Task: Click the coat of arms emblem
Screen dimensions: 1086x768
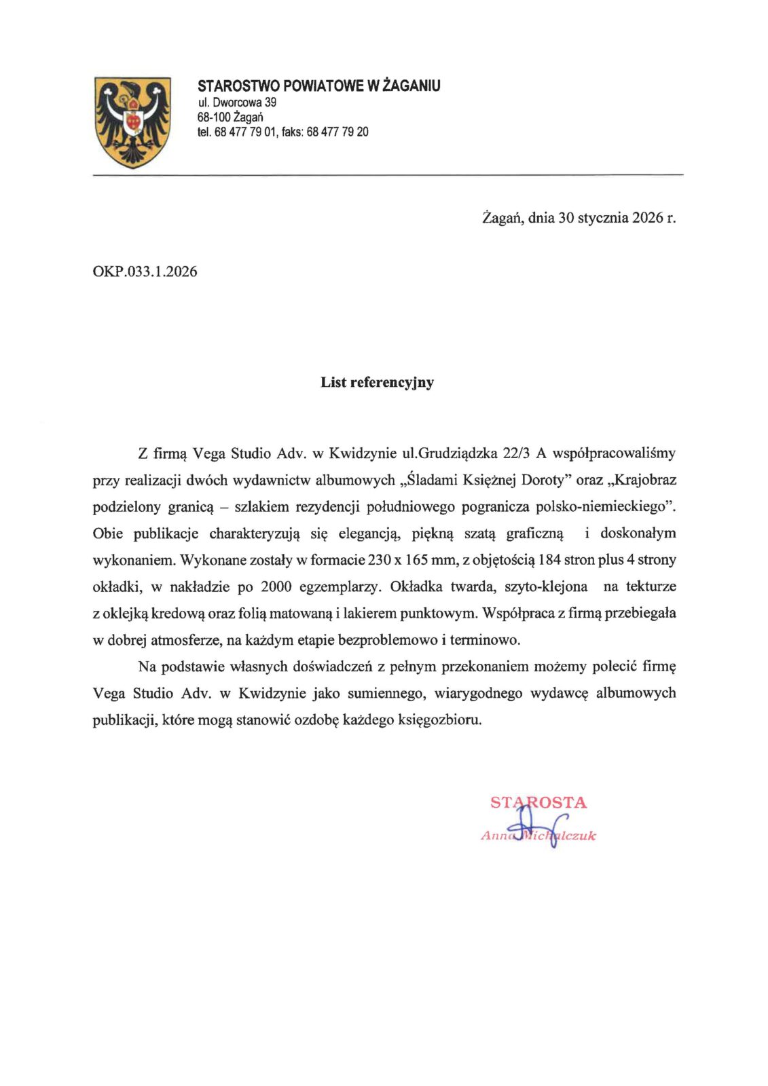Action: (132, 122)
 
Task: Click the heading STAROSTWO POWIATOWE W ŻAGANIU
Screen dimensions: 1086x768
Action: (318, 86)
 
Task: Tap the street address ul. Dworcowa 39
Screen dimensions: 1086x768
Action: (236, 102)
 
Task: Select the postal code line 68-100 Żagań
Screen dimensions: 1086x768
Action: (230, 117)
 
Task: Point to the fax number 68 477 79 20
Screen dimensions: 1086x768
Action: (337, 132)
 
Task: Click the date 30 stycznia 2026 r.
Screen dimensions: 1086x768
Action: (617, 218)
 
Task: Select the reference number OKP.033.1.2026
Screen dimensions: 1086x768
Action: (145, 272)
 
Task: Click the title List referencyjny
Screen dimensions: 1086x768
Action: (377, 382)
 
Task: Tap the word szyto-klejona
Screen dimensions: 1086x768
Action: (546, 586)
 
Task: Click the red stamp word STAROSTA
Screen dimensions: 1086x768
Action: (538, 802)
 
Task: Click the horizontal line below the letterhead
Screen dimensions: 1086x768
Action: (387, 175)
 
